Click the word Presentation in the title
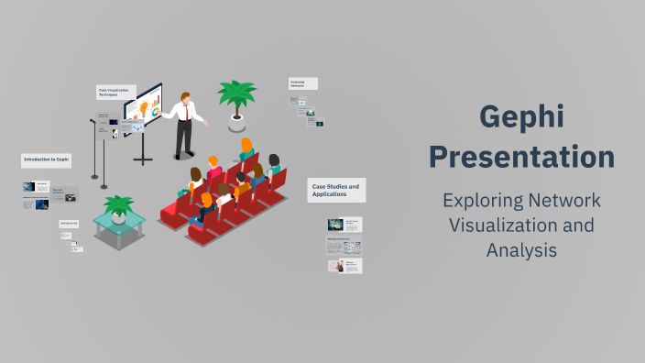click(x=522, y=157)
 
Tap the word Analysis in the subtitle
click(x=522, y=248)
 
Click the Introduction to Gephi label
click(x=46, y=159)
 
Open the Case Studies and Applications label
click(x=335, y=190)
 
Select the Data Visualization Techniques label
click(x=116, y=92)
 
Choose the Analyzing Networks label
click(x=302, y=83)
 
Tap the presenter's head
click(x=186, y=96)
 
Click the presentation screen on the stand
click(x=143, y=108)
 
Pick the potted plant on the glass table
click(x=119, y=209)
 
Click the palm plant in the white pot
click(x=236, y=96)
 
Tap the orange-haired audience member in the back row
click(x=246, y=146)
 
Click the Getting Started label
click(x=70, y=223)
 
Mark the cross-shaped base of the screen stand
click(x=143, y=160)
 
